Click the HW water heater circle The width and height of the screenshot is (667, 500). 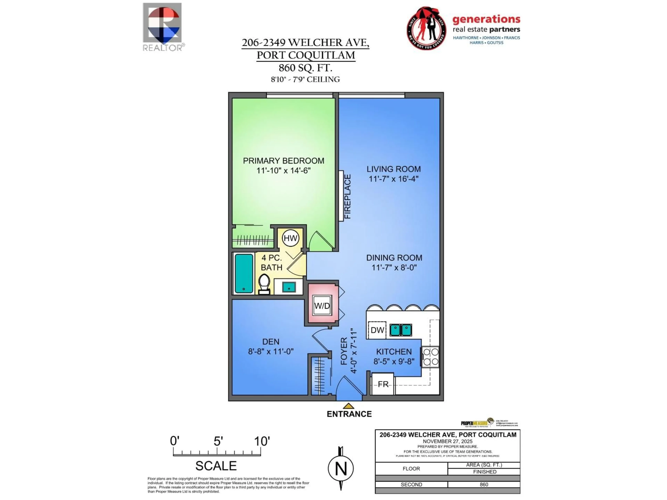click(x=290, y=238)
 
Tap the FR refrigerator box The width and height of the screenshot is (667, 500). click(x=383, y=384)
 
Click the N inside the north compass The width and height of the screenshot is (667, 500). click(x=341, y=469)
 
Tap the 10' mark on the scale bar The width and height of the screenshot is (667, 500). click(x=261, y=441)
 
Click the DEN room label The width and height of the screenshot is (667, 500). click(x=270, y=341)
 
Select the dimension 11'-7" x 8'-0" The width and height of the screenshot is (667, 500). click(x=394, y=267)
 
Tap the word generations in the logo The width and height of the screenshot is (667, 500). click(x=486, y=19)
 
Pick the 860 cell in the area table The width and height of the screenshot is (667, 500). click(x=484, y=485)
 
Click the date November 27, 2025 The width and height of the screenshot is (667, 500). click(x=447, y=441)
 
